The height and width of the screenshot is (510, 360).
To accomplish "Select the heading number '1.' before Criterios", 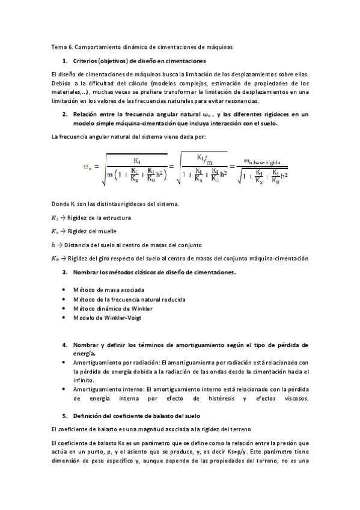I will pos(65,61).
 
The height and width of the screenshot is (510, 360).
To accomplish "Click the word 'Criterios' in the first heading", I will pos(87,61).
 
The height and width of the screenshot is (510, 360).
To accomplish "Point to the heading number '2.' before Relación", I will pos(65,114).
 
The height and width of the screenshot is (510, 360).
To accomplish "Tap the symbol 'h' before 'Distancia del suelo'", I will pos(53,244).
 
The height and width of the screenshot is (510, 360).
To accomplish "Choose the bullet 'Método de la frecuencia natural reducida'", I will pos(129,299).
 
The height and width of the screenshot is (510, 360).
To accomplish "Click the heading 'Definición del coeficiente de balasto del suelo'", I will pos(144,416).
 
